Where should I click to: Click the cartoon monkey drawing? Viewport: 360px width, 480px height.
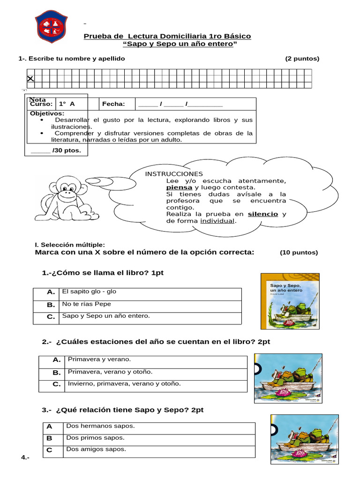point(61,198)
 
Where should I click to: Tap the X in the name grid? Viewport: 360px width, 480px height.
point(30,79)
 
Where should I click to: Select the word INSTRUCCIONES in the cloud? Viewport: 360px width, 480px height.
point(174,174)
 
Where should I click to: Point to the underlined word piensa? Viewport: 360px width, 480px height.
point(179,187)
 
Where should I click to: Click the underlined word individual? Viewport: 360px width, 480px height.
point(217,221)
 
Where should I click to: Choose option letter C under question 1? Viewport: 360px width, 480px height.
point(51,317)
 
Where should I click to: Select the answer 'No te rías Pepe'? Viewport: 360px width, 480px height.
point(86,304)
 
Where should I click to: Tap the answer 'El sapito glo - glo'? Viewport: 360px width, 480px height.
point(89,292)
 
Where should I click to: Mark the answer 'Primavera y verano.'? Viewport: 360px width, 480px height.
point(99,360)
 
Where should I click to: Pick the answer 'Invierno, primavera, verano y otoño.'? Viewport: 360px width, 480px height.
point(124,384)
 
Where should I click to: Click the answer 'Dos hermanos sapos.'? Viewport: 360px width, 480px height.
point(100,426)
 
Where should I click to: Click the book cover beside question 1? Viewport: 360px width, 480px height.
point(290,300)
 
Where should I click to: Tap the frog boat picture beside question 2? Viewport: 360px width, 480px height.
point(287,378)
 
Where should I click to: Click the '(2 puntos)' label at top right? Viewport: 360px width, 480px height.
point(302,59)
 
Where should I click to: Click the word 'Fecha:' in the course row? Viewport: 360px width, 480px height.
point(113,104)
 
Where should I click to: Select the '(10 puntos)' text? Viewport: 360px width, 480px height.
point(299,252)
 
